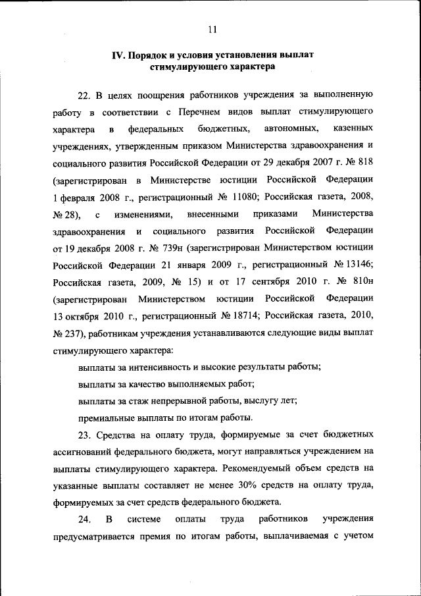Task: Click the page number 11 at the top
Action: coord(210,29)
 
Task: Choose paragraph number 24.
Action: coord(85,520)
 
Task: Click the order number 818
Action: coord(365,162)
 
